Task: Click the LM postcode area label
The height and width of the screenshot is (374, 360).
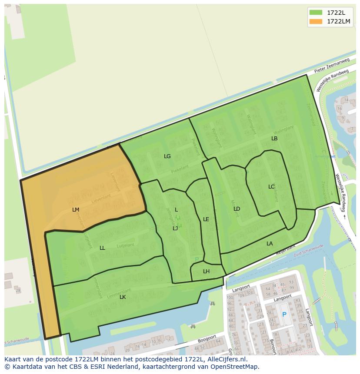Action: click(x=76, y=209)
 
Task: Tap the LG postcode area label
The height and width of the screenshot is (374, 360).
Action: click(x=167, y=156)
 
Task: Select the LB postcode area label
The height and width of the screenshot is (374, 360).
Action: click(x=274, y=139)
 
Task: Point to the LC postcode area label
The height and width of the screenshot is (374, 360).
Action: click(x=271, y=187)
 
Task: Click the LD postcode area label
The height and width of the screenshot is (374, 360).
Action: click(x=237, y=209)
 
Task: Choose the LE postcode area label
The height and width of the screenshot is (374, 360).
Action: click(x=206, y=219)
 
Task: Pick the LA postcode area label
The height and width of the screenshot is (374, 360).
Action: click(x=270, y=244)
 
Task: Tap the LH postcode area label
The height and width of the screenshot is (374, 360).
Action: click(x=206, y=271)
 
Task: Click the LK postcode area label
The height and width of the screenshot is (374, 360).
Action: click(x=123, y=297)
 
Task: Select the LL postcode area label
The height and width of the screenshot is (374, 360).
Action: click(x=102, y=248)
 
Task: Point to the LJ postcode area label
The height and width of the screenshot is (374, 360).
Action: click(x=175, y=228)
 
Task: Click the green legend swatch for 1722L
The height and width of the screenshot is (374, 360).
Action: click(x=316, y=13)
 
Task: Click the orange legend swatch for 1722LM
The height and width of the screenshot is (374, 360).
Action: click(x=316, y=21)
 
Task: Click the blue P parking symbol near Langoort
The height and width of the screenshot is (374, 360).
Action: click(x=284, y=314)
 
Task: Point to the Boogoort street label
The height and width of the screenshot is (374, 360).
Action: click(x=206, y=338)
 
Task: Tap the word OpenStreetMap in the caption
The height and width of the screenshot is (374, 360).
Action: click(x=234, y=367)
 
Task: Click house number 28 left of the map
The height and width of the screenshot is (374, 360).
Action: click(x=17, y=290)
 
